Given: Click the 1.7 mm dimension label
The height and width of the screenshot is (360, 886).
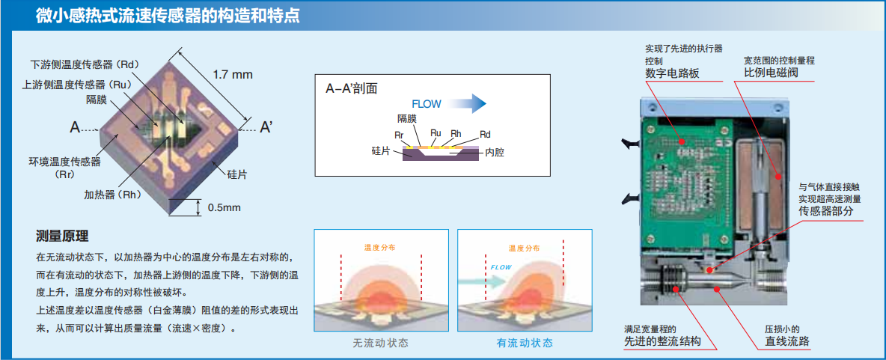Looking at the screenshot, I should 233,75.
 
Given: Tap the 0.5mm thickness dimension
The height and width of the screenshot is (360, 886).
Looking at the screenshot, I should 224,207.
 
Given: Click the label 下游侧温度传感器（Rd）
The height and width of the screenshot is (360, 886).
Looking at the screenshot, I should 85,65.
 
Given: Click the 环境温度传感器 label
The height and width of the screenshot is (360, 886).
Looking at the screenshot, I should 64,162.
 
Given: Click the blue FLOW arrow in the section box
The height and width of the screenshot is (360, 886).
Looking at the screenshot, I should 470,103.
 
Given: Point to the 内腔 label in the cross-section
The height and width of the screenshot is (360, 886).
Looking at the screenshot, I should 495,152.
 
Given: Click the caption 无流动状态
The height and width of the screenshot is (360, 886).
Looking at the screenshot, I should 381,343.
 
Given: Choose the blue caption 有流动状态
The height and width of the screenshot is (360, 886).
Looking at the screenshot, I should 525,343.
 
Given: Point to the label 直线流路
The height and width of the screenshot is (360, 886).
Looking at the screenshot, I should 786,341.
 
